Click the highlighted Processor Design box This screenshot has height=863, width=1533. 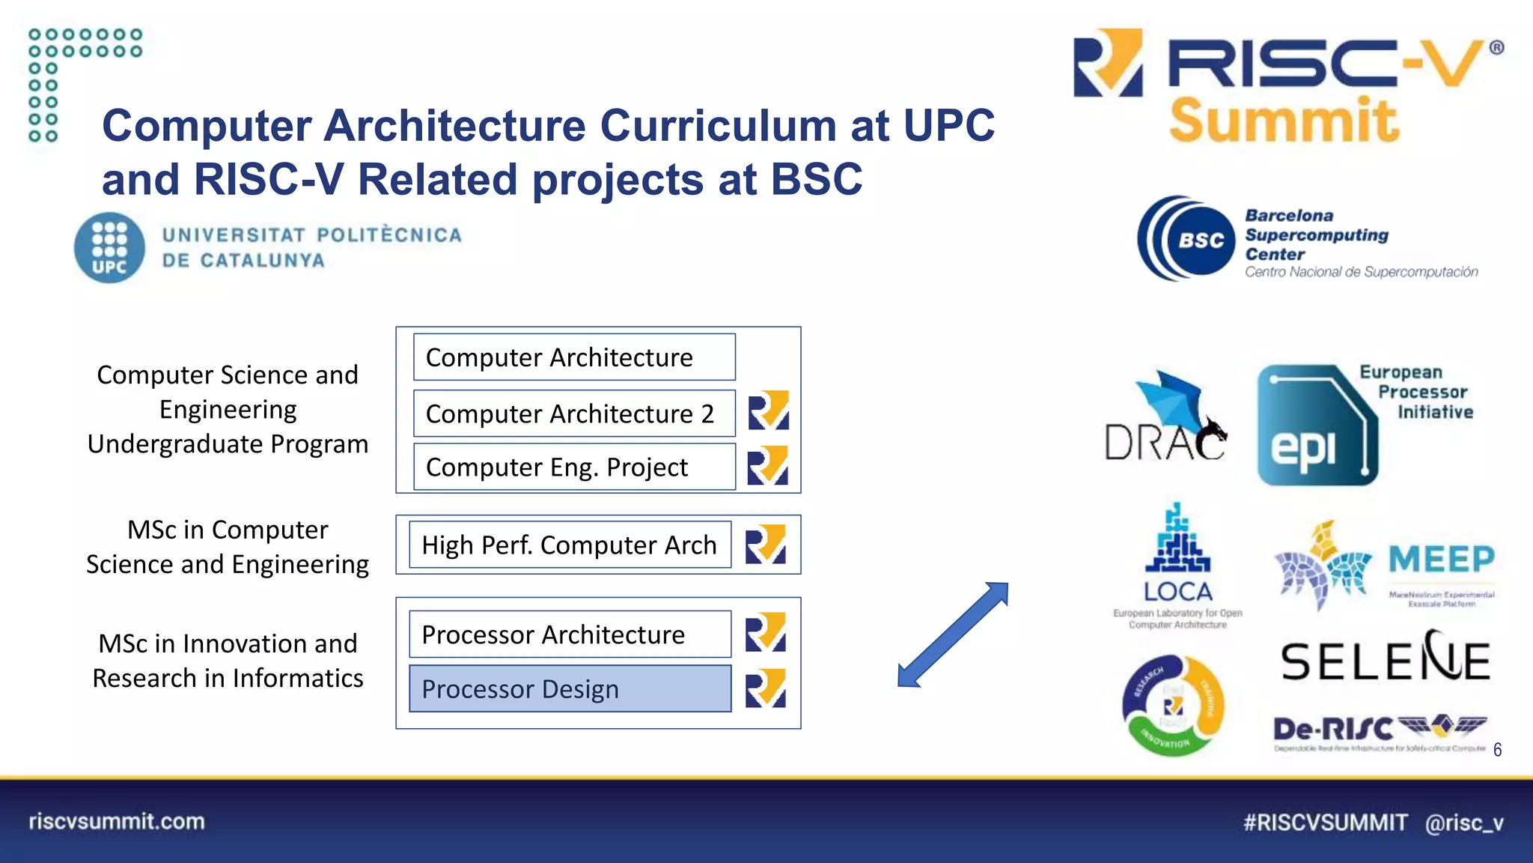(x=570, y=688)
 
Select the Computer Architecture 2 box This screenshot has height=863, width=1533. (x=573, y=414)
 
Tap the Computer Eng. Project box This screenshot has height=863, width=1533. (x=573, y=467)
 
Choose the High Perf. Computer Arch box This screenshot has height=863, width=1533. (x=570, y=545)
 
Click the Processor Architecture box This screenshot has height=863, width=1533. (x=570, y=635)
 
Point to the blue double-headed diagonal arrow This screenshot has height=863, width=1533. (x=953, y=635)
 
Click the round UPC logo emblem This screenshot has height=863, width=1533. (x=109, y=248)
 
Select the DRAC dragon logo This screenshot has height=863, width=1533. (x=1166, y=417)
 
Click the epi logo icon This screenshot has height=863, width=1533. (x=1317, y=426)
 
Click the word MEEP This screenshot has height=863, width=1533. (x=1442, y=560)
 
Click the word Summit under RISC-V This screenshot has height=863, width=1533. (x=1284, y=121)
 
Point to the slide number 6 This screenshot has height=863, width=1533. (x=1497, y=750)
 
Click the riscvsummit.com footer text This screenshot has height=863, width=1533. (x=117, y=821)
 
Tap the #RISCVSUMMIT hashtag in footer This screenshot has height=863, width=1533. (x=1325, y=823)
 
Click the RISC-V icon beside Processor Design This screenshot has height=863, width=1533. (x=766, y=688)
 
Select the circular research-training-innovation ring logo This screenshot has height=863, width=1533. (x=1173, y=706)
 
